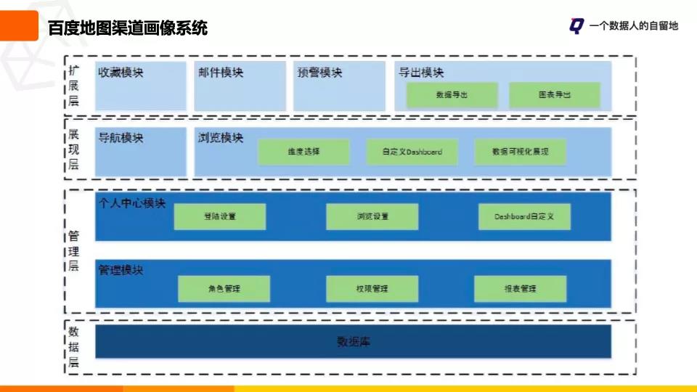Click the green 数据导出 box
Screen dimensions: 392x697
[x=452, y=95]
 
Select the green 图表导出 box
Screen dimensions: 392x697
[x=555, y=95]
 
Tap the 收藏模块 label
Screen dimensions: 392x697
[x=121, y=73]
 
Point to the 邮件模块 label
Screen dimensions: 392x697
[x=220, y=73]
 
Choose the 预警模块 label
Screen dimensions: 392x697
[x=319, y=73]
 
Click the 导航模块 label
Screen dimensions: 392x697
[x=121, y=138]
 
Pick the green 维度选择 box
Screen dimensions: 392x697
[x=303, y=152]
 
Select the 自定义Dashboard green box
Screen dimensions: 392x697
[x=412, y=152]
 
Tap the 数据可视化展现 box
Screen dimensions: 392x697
[x=520, y=152]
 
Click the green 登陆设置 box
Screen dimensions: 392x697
[x=219, y=216]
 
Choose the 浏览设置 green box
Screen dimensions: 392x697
[x=372, y=216]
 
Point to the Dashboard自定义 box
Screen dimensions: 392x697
[x=524, y=216]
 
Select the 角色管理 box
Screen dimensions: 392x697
[x=224, y=288]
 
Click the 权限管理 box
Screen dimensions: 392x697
[x=372, y=288]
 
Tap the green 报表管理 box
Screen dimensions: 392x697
[x=520, y=288]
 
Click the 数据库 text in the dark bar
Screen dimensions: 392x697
[x=354, y=341]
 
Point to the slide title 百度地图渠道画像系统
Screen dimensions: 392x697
[x=128, y=28]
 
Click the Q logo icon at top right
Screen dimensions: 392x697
[x=576, y=26]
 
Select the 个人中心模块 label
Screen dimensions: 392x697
[x=132, y=203]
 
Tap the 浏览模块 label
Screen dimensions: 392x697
[x=220, y=138]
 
